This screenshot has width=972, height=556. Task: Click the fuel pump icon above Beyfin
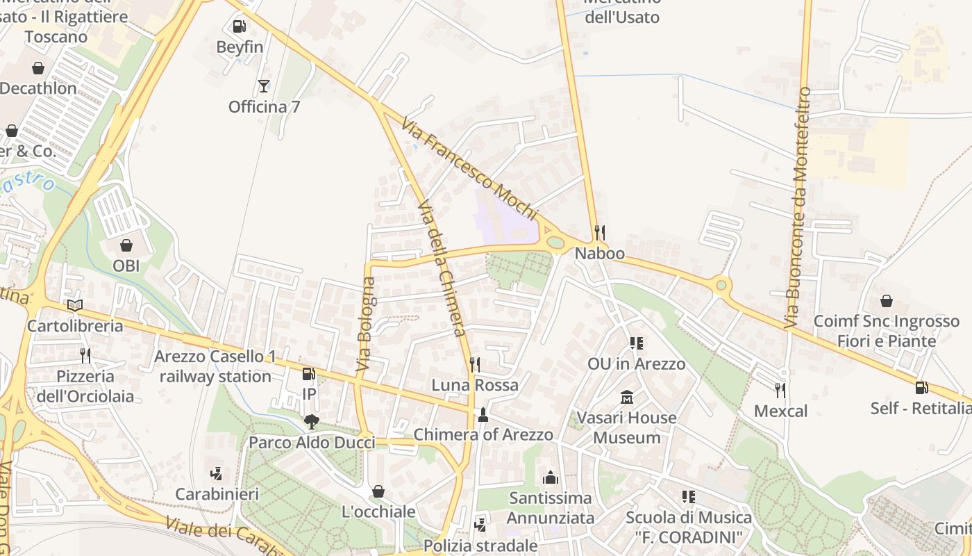(x=239, y=26)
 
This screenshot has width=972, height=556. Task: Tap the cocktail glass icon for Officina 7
(x=263, y=86)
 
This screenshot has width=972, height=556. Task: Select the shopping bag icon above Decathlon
(x=37, y=68)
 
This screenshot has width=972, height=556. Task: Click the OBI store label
(x=126, y=265)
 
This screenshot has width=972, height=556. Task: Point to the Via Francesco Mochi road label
(x=469, y=167)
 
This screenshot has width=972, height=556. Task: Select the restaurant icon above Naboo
(x=600, y=232)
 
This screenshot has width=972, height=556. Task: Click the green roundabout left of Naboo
(x=555, y=243)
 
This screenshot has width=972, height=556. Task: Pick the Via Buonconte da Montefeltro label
(x=798, y=208)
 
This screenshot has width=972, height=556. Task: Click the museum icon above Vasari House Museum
(x=628, y=398)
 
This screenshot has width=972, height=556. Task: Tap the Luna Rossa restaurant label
(x=475, y=385)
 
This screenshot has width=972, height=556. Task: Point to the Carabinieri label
(x=217, y=494)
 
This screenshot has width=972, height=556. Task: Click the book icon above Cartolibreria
(x=75, y=305)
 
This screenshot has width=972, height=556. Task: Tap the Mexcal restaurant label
(x=780, y=411)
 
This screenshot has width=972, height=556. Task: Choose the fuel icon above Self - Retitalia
(x=921, y=388)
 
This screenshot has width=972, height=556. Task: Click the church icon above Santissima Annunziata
(x=551, y=477)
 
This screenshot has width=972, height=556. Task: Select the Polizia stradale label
(x=480, y=546)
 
